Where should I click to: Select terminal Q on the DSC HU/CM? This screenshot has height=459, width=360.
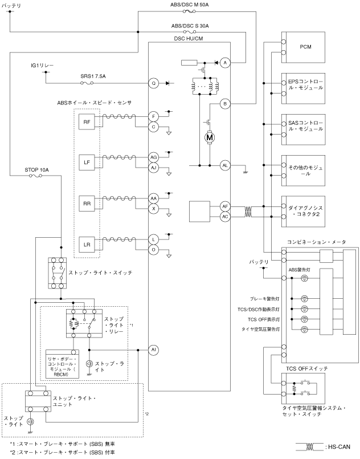pos(153,83)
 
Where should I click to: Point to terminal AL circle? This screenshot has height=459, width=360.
pos(225,165)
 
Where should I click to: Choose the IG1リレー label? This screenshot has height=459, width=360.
pos(42,66)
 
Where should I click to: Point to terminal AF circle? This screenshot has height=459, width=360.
pos(225,206)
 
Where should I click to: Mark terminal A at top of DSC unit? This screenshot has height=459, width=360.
pos(225,62)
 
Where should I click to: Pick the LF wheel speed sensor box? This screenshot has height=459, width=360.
pos(87,163)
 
